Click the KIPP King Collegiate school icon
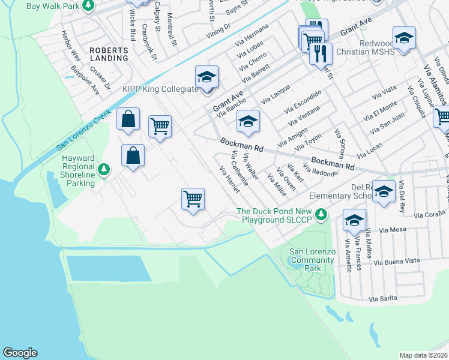pos(206,77)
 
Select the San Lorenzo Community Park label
pos(312,260)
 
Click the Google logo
pos(20,353)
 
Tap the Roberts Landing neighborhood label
pos(109,54)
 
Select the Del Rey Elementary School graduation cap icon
pos(384,191)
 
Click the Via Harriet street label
pos(230,181)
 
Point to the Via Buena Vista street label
pos(396,261)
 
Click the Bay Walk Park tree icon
pos(89,5)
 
